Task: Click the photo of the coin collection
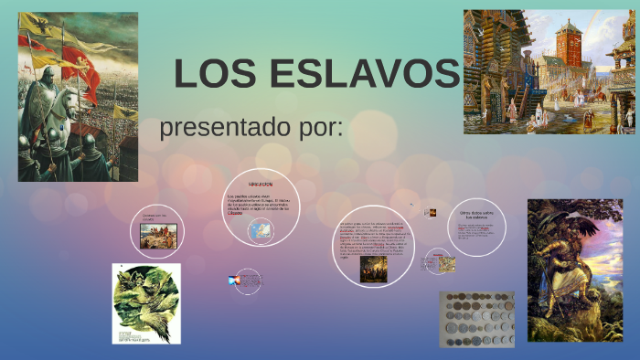pos(476,320)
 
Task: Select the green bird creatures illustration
pos(146,303)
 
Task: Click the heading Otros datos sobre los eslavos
pos(476,215)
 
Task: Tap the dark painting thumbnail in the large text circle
pos(373,268)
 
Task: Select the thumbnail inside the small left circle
pos(158,237)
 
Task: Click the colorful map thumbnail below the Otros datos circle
pos(447,263)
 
